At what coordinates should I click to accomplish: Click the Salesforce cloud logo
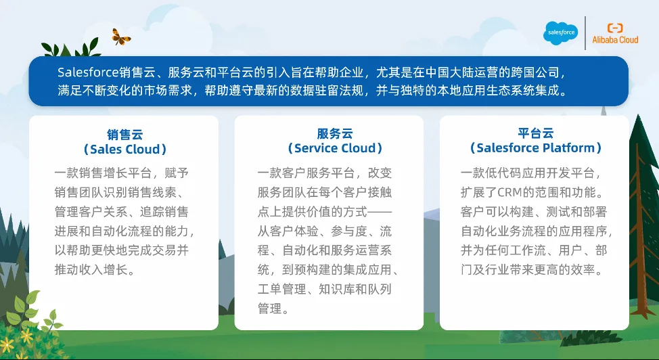[x=561, y=32]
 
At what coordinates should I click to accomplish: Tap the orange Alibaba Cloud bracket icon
[x=615, y=28]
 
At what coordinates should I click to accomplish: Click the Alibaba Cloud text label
[x=615, y=40]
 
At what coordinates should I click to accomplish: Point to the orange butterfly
[x=120, y=37]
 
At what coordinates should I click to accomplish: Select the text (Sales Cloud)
[x=124, y=150]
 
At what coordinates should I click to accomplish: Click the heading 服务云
[x=334, y=133]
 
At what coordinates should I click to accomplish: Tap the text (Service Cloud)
[x=334, y=148]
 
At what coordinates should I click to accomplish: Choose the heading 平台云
[x=535, y=133]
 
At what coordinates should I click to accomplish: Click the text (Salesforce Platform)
[x=535, y=148]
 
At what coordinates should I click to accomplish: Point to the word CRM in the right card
[x=509, y=193]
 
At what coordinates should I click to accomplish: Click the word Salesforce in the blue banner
[x=88, y=72]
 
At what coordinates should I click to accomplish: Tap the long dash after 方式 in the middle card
[x=380, y=212]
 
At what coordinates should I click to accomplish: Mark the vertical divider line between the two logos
[x=585, y=33]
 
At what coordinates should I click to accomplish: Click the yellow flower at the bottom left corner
[x=6, y=345]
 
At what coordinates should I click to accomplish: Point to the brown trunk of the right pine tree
[x=639, y=235]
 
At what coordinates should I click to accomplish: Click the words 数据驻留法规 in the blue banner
[x=327, y=91]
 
